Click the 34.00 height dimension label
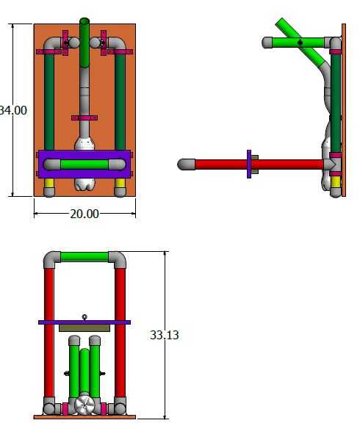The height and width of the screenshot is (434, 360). tap(13, 110)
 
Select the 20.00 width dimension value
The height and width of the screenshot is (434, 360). tap(84, 214)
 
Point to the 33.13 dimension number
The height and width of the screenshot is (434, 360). tap(165, 335)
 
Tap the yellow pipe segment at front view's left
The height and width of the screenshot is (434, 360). tap(49, 183)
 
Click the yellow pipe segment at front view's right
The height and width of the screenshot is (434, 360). tap(120, 183)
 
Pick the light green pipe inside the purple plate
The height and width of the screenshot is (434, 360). tap(84, 164)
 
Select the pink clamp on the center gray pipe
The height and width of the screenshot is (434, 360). tap(84, 118)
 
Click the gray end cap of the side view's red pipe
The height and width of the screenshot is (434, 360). tap(186, 164)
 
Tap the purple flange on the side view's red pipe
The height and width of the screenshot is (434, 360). tap(249, 164)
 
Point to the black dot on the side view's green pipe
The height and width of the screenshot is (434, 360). tap(300, 43)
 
